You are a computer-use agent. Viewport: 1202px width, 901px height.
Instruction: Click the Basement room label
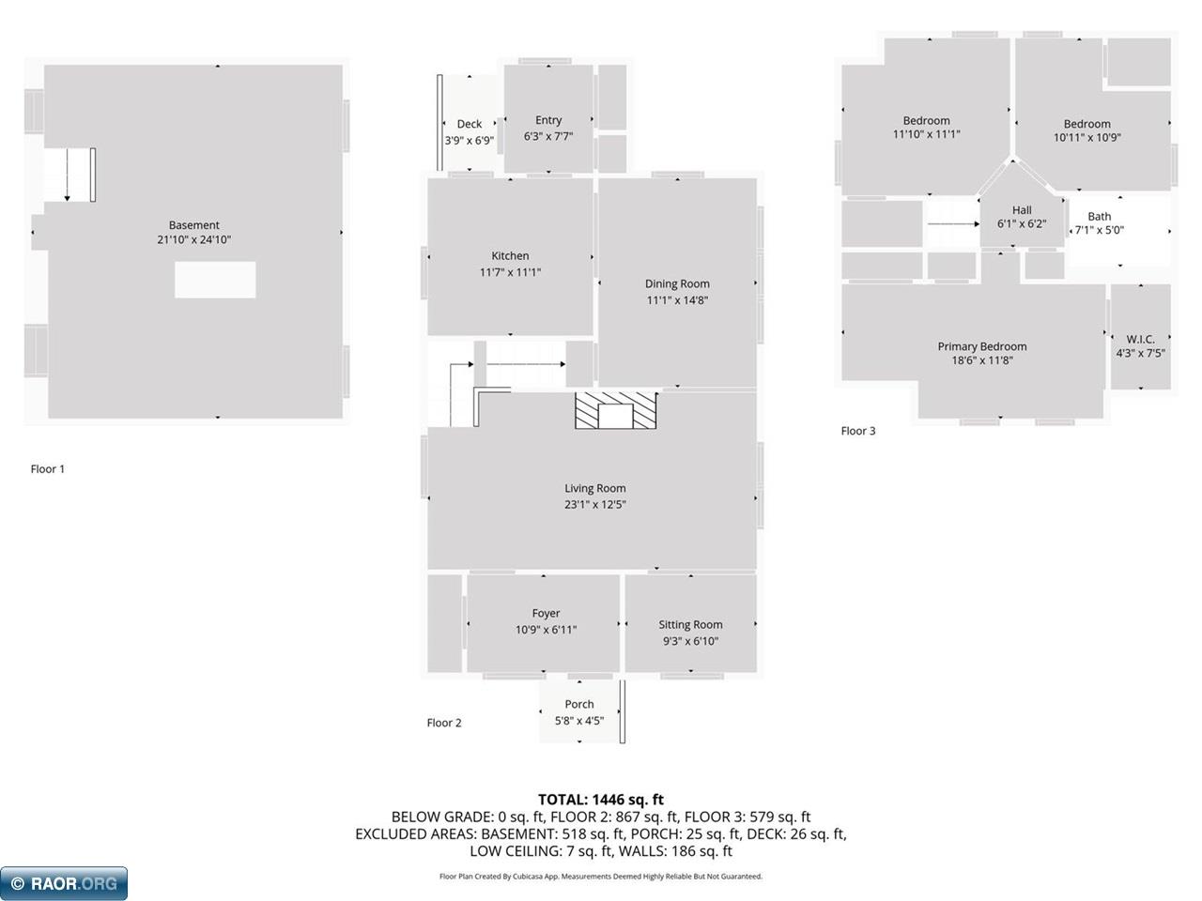193,225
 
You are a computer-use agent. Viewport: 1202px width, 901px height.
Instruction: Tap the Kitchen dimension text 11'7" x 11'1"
510,272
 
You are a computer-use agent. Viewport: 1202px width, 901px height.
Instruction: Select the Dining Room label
677,283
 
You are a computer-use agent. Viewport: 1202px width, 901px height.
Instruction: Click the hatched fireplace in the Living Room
617,411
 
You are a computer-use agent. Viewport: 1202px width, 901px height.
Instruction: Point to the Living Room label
594,488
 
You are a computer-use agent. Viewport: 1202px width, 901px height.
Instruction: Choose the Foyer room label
546,613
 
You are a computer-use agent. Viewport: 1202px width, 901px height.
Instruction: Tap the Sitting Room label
690,624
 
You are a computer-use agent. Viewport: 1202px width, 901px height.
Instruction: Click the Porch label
579,704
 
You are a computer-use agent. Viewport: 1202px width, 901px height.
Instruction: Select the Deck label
470,124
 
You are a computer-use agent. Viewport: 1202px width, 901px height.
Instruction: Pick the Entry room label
548,120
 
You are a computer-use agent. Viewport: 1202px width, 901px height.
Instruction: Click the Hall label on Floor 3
1022,210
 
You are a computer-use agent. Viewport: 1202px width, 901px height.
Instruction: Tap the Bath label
1100,216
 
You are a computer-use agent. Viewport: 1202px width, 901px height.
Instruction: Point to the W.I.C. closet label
1140,339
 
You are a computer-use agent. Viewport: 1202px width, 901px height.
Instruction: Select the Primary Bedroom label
982,346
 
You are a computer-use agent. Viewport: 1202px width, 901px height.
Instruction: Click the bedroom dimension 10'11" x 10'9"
1087,138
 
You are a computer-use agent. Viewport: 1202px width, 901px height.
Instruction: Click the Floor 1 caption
48,469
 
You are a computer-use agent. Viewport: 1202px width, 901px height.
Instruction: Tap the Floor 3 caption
858,431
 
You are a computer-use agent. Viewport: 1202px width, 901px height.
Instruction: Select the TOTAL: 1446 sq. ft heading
601,800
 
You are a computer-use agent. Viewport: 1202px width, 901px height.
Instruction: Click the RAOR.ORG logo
64,883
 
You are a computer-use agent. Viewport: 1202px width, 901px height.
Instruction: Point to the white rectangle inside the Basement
215,280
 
